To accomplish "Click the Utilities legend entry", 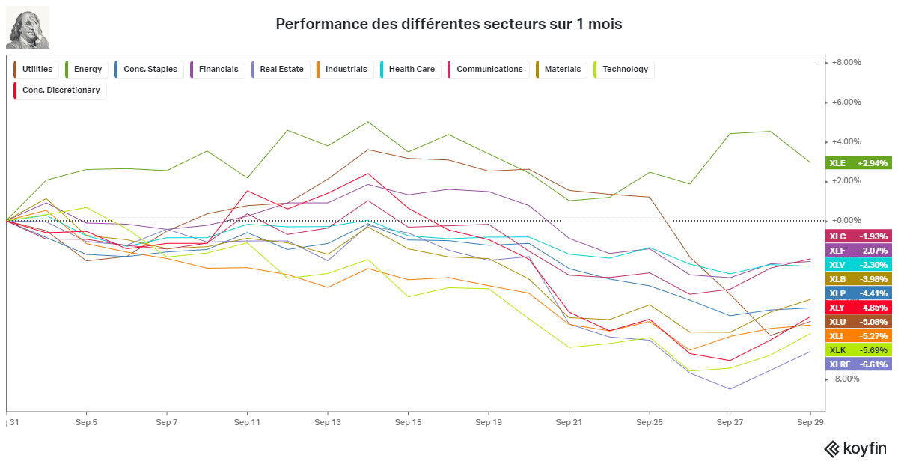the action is pyautogui.click(x=36, y=70).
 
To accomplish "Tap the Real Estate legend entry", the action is pyautogui.click(x=281, y=70).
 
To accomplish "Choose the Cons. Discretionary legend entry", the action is pyautogui.click(x=60, y=91).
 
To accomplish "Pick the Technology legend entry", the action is pyautogui.click(x=624, y=70).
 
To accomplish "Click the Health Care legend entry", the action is pyautogui.click(x=411, y=70).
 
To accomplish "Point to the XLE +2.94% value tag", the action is pyautogui.click(x=858, y=163).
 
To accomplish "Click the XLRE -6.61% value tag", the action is pyautogui.click(x=858, y=364).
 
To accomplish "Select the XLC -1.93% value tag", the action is pyautogui.click(x=858, y=236).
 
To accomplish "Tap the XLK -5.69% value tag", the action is pyautogui.click(x=858, y=350).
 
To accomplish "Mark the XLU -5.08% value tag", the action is pyautogui.click(x=858, y=322).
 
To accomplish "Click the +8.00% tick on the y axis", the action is pyautogui.click(x=846, y=62).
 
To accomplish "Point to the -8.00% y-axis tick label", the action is pyautogui.click(x=846, y=379).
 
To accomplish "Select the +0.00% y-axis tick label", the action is pyautogui.click(x=846, y=220).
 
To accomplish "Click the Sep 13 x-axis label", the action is pyautogui.click(x=328, y=422).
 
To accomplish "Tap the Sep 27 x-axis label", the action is pyautogui.click(x=730, y=422).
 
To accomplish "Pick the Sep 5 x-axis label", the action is pyautogui.click(x=86, y=422).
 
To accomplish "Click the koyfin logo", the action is pyautogui.click(x=855, y=448).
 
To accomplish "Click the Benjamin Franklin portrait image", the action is pyautogui.click(x=28, y=27).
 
